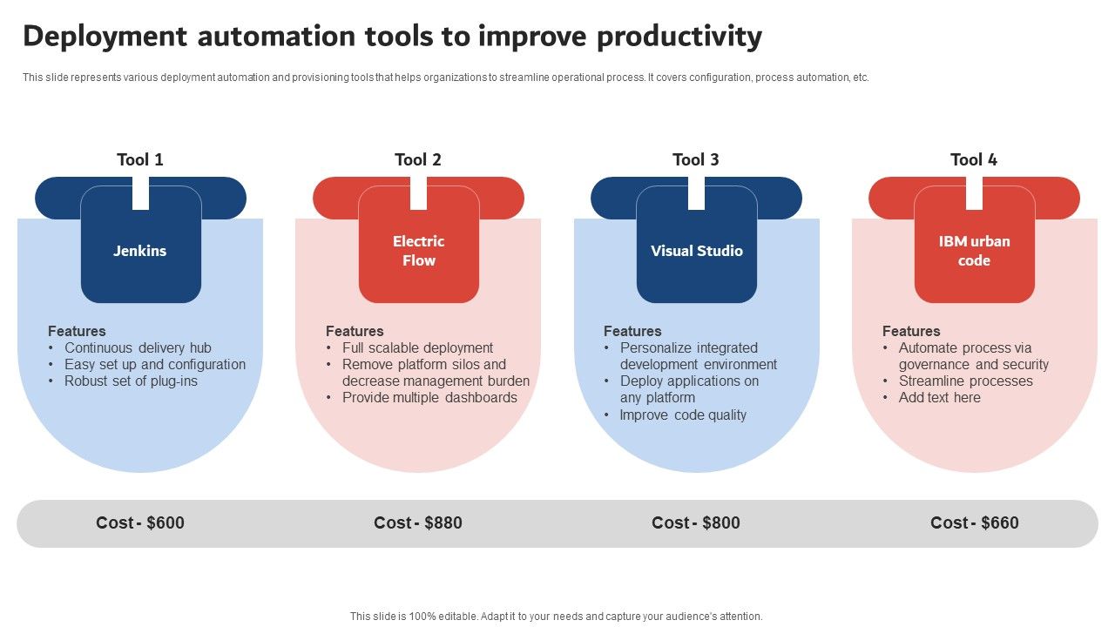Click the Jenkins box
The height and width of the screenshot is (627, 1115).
click(x=140, y=251)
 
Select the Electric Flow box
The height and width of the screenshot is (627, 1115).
click(x=418, y=251)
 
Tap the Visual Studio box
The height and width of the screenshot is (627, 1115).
click(x=696, y=251)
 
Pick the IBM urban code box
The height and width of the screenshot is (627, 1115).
click(x=974, y=251)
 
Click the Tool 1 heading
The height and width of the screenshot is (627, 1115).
click(x=140, y=159)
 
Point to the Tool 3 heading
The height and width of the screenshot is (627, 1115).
click(x=696, y=159)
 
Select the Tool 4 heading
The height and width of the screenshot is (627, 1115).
click(x=974, y=159)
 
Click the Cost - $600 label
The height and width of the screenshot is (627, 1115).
click(x=140, y=522)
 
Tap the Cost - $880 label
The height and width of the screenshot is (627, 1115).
click(x=418, y=522)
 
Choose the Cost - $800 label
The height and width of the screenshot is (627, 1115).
click(x=696, y=522)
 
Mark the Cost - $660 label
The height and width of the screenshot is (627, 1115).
click(x=974, y=522)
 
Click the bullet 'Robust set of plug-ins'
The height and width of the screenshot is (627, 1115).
click(x=131, y=381)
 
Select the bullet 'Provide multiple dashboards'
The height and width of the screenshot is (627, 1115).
click(x=429, y=398)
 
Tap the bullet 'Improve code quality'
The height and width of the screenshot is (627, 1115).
click(x=683, y=415)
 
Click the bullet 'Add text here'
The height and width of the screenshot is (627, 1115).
click(x=939, y=398)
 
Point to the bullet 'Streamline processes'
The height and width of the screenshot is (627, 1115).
click(x=965, y=381)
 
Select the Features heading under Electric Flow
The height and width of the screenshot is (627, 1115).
click(x=355, y=331)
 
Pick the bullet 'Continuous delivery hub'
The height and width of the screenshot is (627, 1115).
click(x=138, y=348)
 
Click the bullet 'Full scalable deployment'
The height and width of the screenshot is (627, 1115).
click(x=417, y=348)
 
